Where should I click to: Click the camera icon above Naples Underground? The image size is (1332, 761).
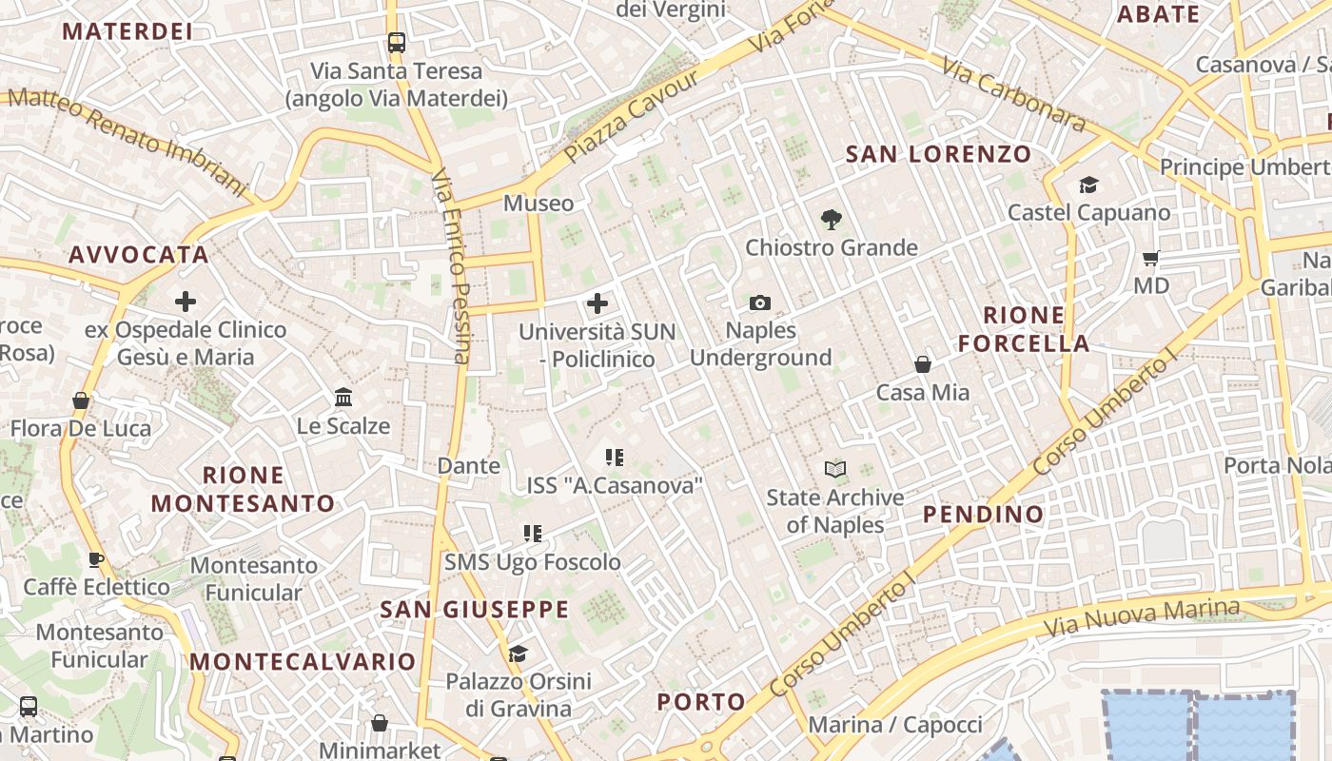(x=759, y=303)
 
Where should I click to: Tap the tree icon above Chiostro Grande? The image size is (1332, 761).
(x=832, y=220)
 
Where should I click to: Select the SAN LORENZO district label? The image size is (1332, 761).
(x=938, y=154)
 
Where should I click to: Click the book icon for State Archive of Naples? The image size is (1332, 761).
(x=834, y=469)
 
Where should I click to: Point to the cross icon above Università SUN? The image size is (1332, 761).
(x=597, y=303)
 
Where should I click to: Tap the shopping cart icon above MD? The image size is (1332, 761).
(x=1150, y=258)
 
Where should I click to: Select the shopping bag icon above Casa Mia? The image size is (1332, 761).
(x=922, y=364)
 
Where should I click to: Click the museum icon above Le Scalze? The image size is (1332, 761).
(x=343, y=397)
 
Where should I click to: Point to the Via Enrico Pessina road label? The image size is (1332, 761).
(x=449, y=266)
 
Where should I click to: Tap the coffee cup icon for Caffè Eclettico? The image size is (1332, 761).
(x=95, y=559)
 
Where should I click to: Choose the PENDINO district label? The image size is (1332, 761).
(x=983, y=515)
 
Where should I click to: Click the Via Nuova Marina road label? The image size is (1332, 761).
(x=1142, y=618)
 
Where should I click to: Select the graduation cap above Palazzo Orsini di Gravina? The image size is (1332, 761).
(x=518, y=654)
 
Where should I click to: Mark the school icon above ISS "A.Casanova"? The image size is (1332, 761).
(x=615, y=458)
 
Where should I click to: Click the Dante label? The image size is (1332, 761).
(x=468, y=466)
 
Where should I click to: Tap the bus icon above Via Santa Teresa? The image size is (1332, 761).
(x=397, y=43)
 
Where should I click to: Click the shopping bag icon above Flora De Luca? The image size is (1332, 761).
(x=81, y=400)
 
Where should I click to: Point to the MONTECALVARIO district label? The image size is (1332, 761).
(x=303, y=662)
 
